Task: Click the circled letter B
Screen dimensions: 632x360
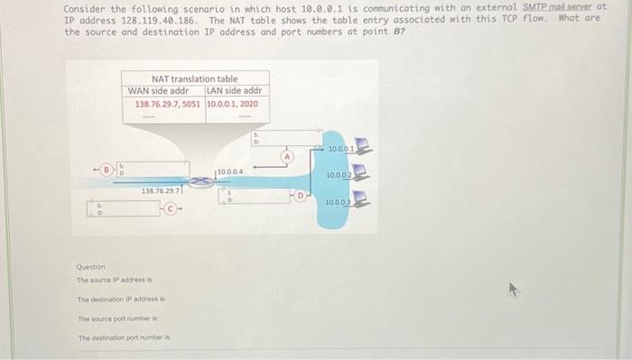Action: [106, 169]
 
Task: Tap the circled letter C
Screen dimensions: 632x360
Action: [173, 213]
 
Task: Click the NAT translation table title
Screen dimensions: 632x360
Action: [194, 79]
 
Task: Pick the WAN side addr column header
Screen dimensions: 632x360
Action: [158, 90]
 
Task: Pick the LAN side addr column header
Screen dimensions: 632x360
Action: [234, 90]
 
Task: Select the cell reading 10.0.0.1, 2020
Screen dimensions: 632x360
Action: [233, 104]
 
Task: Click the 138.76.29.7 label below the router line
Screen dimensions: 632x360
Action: [162, 190]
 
